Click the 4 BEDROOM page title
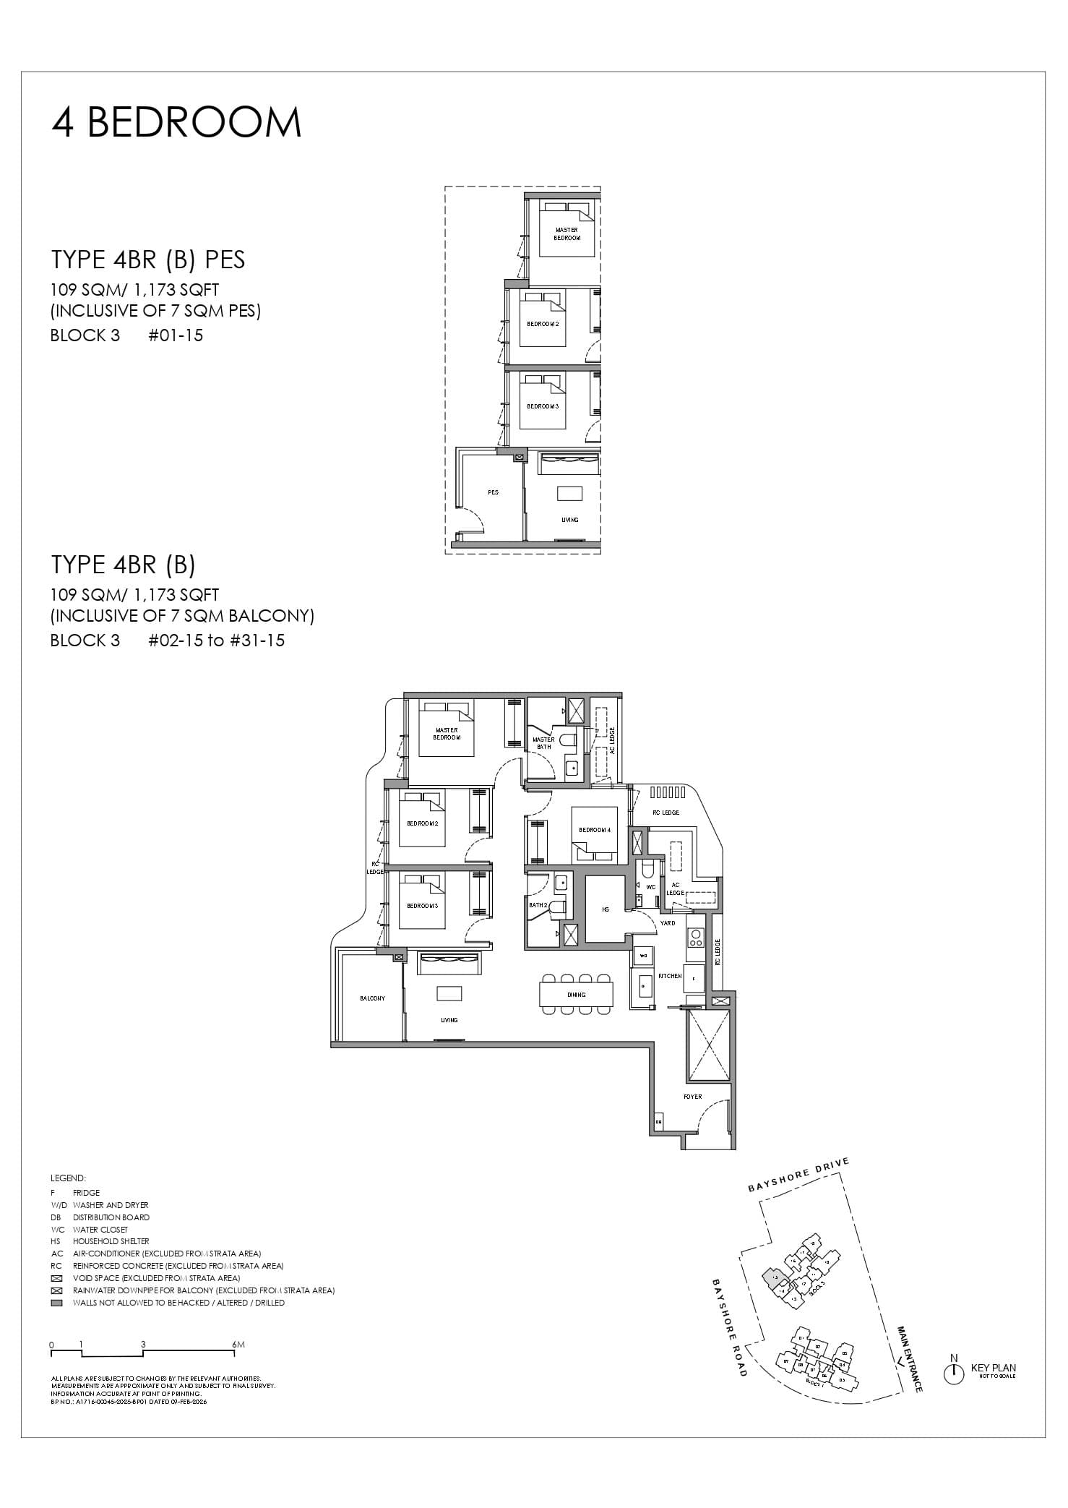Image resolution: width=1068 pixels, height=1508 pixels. pyautogui.click(x=176, y=122)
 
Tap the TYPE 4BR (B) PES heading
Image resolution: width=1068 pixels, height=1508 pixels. pyautogui.click(x=147, y=260)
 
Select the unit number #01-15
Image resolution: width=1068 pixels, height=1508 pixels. pyautogui.click(x=176, y=335)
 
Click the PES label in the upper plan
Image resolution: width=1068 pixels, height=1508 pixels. pyautogui.click(x=493, y=492)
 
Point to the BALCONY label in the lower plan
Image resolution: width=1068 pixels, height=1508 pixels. pyautogui.click(x=372, y=998)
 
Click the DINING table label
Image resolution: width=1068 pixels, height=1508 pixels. pyautogui.click(x=576, y=995)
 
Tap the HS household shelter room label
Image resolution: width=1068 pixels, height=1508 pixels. pyautogui.click(x=606, y=909)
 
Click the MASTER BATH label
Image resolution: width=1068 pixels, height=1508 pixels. pyautogui.click(x=543, y=742)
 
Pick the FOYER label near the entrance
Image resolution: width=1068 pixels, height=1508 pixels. pyautogui.click(x=692, y=1097)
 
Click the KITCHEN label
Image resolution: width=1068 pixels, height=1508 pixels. pyautogui.click(x=670, y=976)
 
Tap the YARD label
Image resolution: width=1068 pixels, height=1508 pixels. pyautogui.click(x=668, y=923)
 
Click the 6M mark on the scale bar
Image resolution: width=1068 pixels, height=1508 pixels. pyautogui.click(x=239, y=1345)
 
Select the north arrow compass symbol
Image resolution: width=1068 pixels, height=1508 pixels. pyautogui.click(x=954, y=1374)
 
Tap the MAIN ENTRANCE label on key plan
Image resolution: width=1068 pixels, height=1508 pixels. pyautogui.click(x=909, y=1359)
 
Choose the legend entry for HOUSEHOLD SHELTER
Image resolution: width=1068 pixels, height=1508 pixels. pyautogui.click(x=111, y=1241)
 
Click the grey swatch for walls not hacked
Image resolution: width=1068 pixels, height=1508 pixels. pyautogui.click(x=56, y=1303)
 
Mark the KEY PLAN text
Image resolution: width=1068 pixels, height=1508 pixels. pyautogui.click(x=993, y=1368)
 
